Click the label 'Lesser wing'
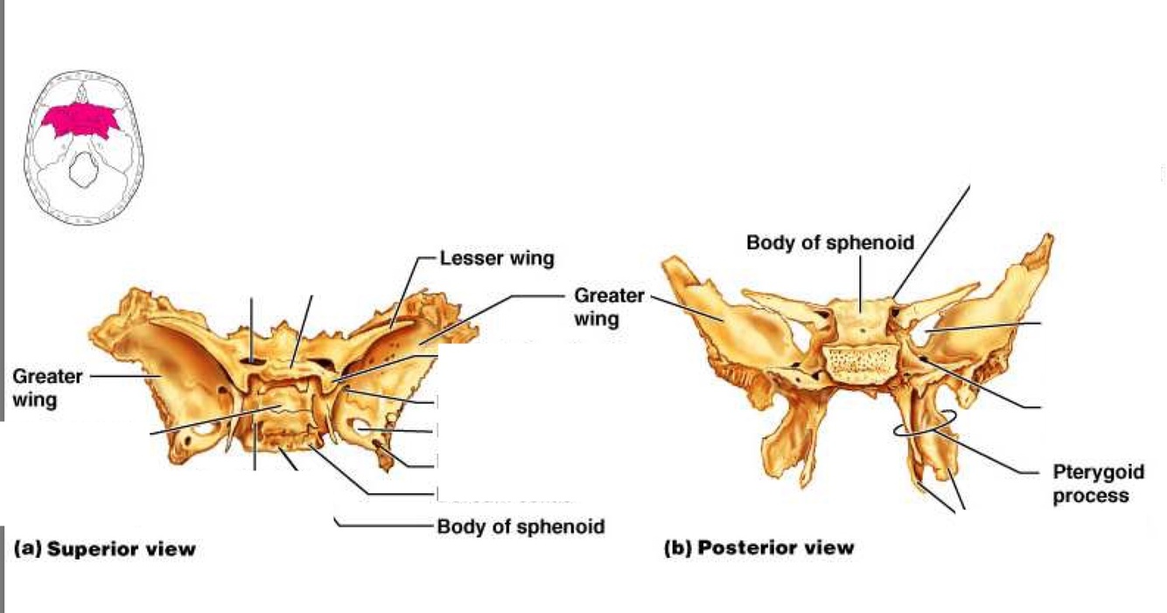[x=497, y=258]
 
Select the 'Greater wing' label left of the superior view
[x=47, y=388]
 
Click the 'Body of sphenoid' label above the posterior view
[x=829, y=242]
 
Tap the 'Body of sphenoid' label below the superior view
[x=521, y=527]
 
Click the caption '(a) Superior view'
[x=105, y=549]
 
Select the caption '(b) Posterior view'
[x=758, y=548]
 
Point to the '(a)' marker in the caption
[x=27, y=549]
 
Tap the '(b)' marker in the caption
[x=679, y=548]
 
